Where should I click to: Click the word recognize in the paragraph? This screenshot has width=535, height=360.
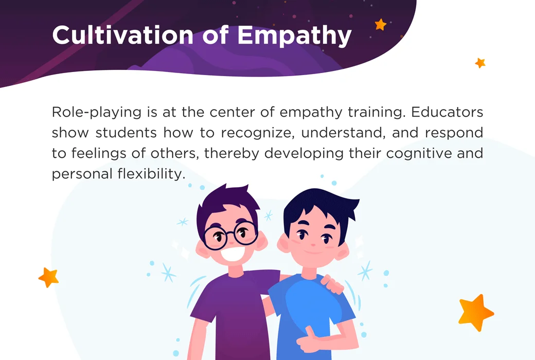[257, 133]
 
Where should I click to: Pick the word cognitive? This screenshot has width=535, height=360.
[417, 153]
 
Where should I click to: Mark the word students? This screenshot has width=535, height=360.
[127, 133]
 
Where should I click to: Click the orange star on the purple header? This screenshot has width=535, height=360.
[381, 24]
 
